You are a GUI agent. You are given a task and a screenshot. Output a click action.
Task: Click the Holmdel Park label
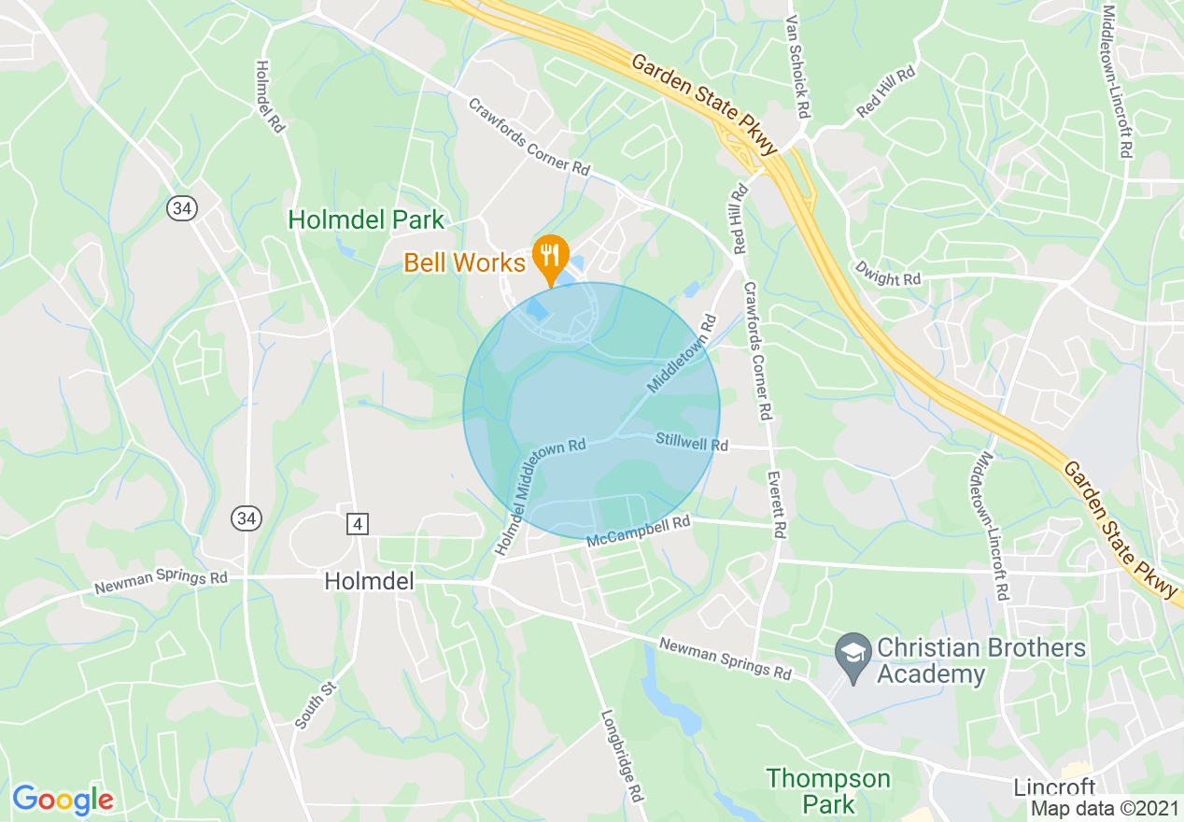coord(366,220)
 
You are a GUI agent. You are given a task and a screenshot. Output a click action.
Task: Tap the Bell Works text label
coord(464,262)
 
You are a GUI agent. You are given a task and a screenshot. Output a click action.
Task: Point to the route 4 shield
coord(357,524)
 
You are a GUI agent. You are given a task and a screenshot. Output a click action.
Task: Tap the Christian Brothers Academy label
coord(980,660)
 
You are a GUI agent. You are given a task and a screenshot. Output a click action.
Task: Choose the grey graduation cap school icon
coord(852,648)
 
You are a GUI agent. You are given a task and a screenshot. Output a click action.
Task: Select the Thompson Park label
coord(828,790)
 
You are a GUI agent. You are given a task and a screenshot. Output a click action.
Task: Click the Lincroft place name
coord(1054,787)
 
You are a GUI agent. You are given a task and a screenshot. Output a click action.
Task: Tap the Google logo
coord(63,800)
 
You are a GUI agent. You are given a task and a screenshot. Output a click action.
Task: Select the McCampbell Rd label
coord(638,532)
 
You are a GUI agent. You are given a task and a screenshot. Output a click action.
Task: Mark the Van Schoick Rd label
coord(796,66)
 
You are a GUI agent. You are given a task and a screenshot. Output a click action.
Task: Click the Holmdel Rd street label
coord(269,96)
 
